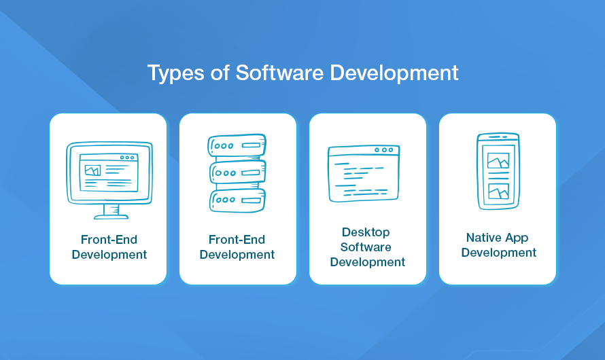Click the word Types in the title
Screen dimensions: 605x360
pyautogui.click(x=175, y=73)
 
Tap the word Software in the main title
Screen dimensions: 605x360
pyautogui.click(x=280, y=73)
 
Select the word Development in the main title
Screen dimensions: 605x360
pyautogui.click(x=394, y=73)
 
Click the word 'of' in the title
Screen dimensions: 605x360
pyautogui.click(x=220, y=73)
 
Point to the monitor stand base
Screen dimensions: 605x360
pyautogui.click(x=111, y=217)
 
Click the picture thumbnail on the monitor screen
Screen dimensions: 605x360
pyautogui.click(x=92, y=170)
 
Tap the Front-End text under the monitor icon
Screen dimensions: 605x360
pyautogui.click(x=109, y=240)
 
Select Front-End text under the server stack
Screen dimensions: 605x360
pyautogui.click(x=237, y=240)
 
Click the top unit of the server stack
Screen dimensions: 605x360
pyautogui.click(x=237, y=145)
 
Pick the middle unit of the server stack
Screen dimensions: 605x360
pyautogui.click(x=238, y=172)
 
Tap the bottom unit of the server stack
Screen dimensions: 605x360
pyautogui.click(x=238, y=200)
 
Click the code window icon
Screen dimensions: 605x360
pyautogui.click(x=364, y=173)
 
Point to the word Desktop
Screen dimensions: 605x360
pyautogui.click(x=366, y=232)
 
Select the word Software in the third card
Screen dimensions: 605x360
pyautogui.click(x=366, y=247)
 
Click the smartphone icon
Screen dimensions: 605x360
pyautogui.click(x=498, y=171)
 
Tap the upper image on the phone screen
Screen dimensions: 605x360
pyautogui.click(x=498, y=160)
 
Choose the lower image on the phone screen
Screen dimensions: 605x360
pyautogui.click(x=498, y=191)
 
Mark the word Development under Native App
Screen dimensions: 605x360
pyautogui.click(x=499, y=253)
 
